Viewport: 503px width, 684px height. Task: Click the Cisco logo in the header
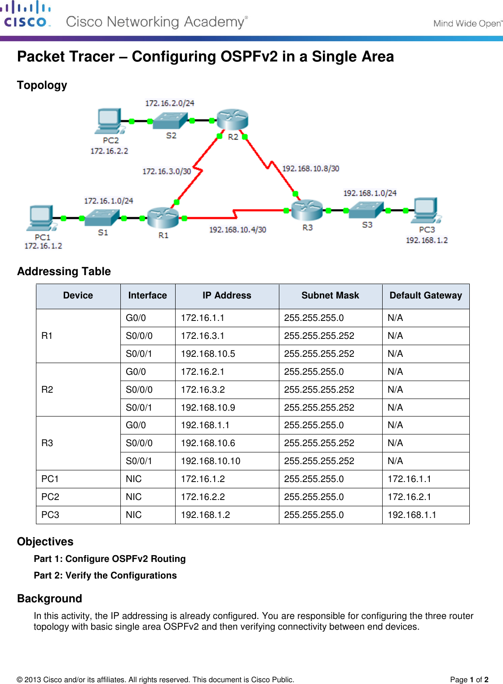(26, 15)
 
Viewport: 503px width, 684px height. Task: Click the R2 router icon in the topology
(232, 120)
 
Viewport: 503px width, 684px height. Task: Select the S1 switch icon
(102, 218)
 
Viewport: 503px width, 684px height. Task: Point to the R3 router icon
(307, 210)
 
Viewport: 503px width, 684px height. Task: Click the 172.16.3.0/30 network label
(167, 171)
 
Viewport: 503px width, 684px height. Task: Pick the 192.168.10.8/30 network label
(310, 169)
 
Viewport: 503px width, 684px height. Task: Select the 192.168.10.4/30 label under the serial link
(238, 230)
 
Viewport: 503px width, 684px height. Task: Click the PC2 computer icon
(109, 121)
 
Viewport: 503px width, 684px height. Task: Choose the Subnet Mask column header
(330, 295)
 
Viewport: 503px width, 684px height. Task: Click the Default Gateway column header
(425, 295)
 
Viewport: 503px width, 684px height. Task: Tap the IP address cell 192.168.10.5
(208, 354)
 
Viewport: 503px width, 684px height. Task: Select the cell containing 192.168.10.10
(211, 461)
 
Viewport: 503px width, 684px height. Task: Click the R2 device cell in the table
(47, 390)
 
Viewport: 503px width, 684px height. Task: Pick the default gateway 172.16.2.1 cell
(409, 497)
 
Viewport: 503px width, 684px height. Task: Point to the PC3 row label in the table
(50, 515)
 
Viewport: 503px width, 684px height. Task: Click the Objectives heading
(45, 542)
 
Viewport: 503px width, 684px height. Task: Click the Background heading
(50, 599)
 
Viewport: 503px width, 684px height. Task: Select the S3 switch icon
(366, 210)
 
